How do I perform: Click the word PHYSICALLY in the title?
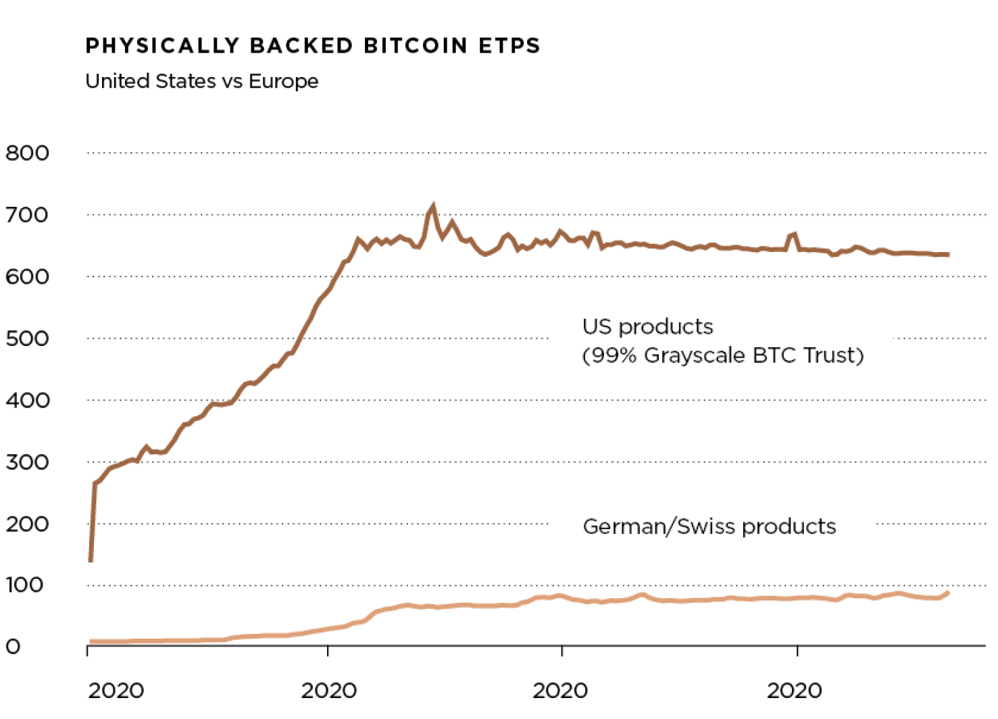tap(162, 45)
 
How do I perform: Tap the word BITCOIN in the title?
tap(416, 45)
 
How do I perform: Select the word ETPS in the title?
tap(509, 45)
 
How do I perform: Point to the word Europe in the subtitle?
tap(283, 82)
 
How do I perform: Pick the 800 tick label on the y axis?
tap(27, 153)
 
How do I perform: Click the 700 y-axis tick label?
tap(27, 215)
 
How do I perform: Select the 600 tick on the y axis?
tap(27, 276)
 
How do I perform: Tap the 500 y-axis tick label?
tap(27, 338)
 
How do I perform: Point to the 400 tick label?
tap(27, 400)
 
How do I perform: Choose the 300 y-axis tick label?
tap(27, 462)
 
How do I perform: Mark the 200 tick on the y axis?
tap(27, 524)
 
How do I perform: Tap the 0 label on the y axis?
tap(13, 647)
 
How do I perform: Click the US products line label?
tap(647, 327)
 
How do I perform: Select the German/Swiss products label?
tap(709, 526)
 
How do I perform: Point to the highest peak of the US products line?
tap(432, 207)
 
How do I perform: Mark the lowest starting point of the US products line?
tap(91, 560)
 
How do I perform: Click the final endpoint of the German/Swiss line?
tap(948, 593)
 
